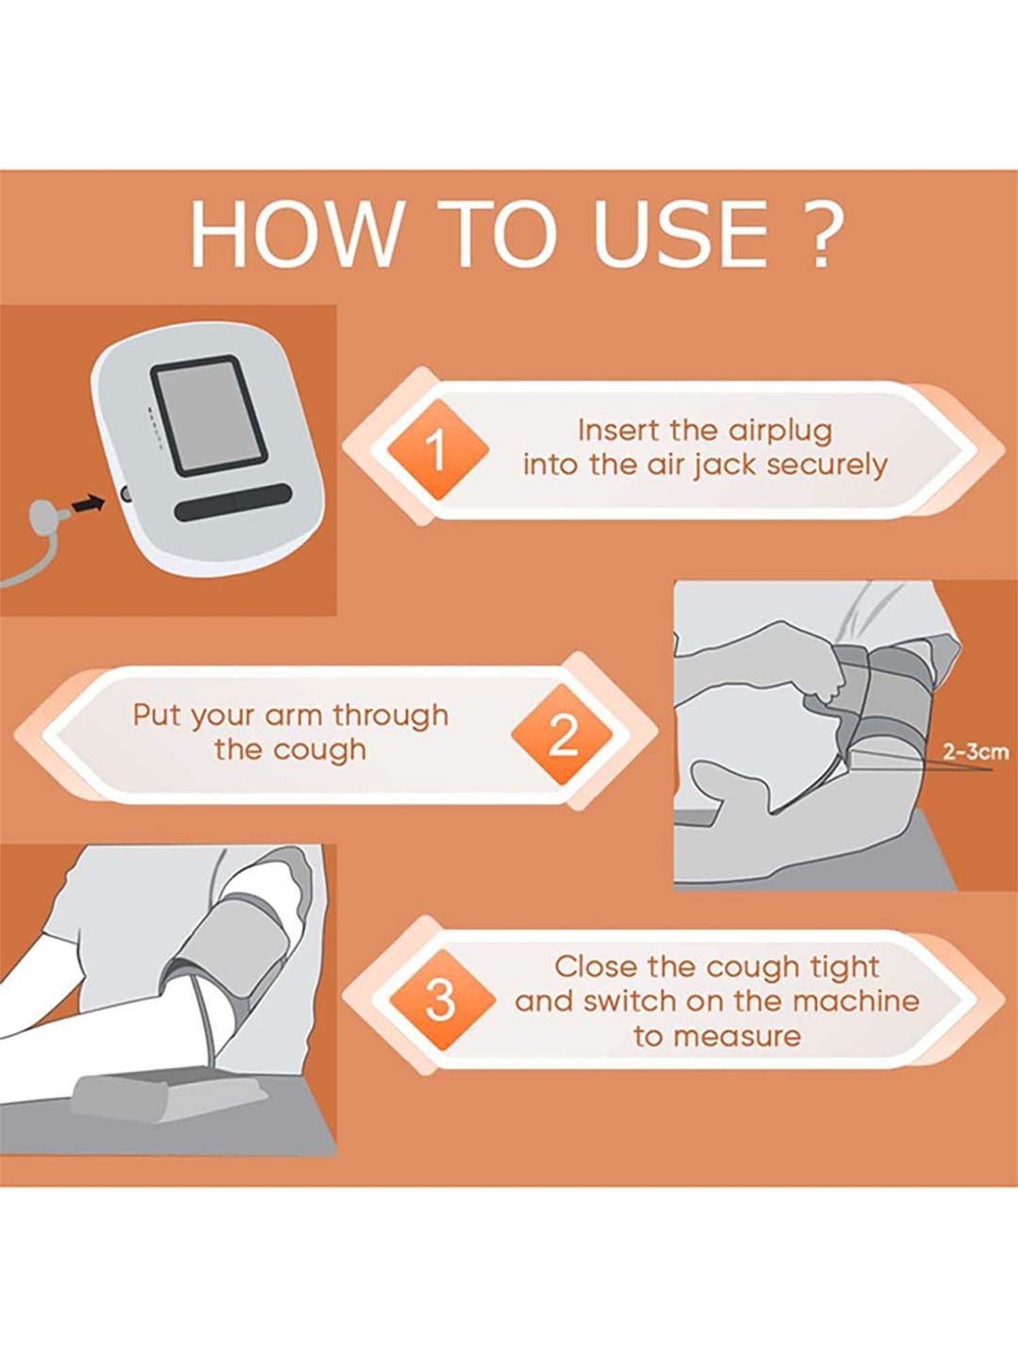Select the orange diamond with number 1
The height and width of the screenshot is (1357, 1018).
pyautogui.click(x=438, y=450)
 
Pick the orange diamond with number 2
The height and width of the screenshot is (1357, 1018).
pyautogui.click(x=562, y=735)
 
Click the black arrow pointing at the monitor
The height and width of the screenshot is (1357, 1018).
pyautogui.click(x=88, y=504)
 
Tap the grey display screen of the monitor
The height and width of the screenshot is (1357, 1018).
pyautogui.click(x=208, y=415)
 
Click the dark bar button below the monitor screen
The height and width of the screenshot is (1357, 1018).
pyautogui.click(x=233, y=501)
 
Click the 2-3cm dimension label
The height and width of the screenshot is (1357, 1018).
pyautogui.click(x=976, y=752)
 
